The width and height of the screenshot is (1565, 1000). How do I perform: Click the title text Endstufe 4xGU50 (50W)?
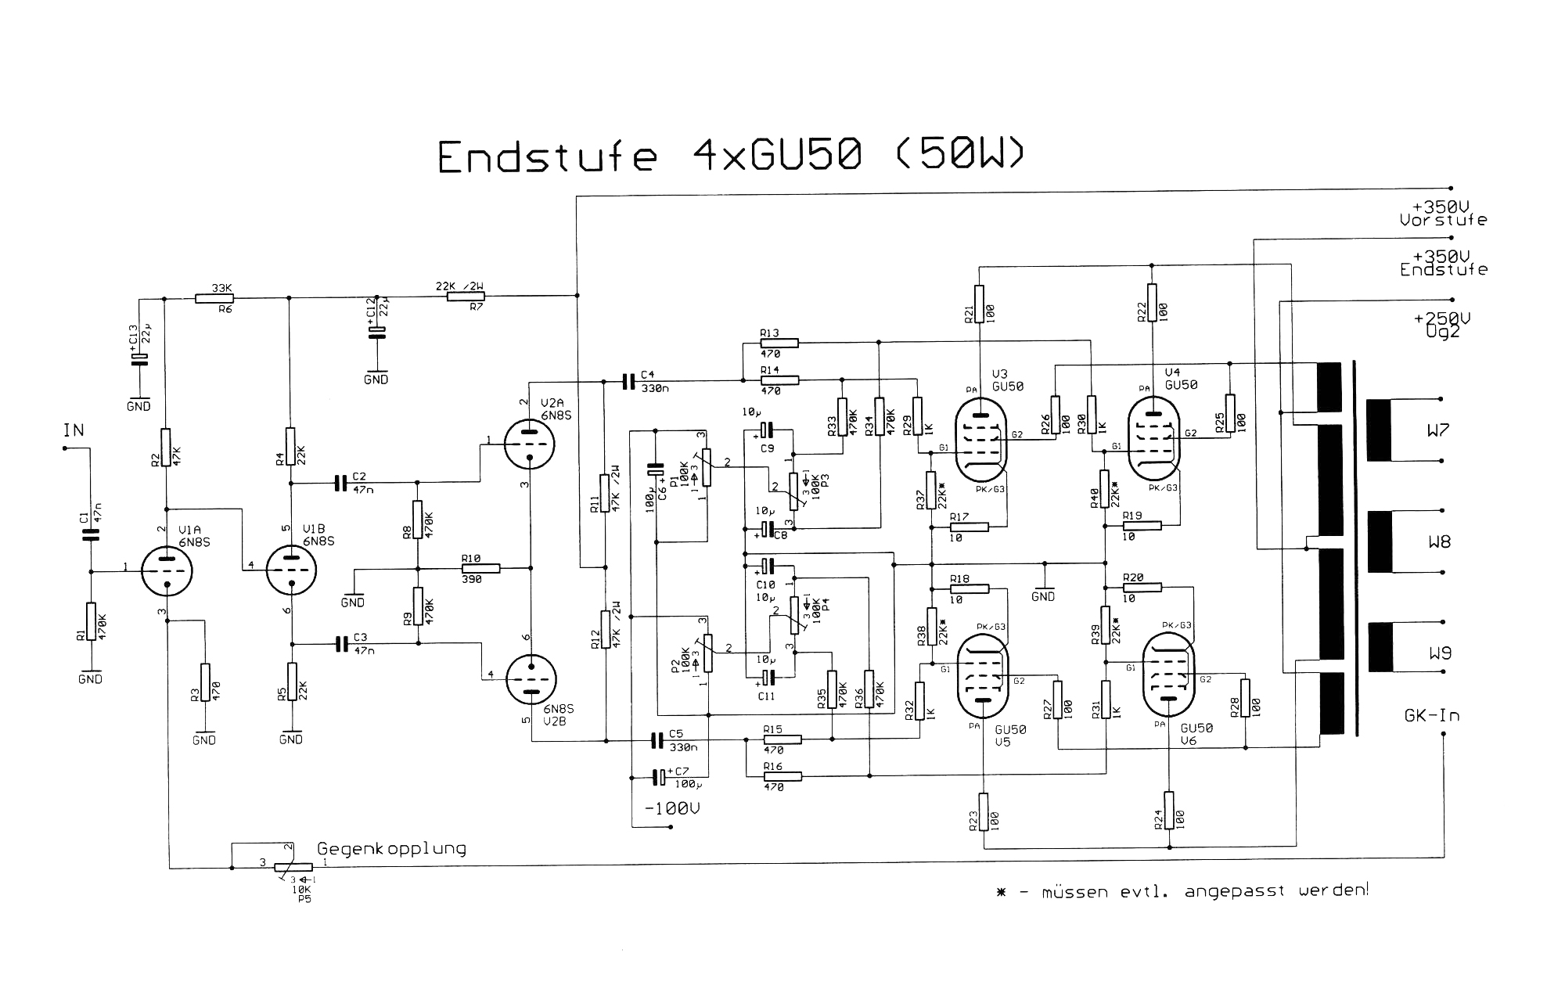tap(729, 156)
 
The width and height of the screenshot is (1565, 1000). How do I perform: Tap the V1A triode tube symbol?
tap(167, 570)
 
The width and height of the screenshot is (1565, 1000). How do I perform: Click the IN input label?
tap(74, 430)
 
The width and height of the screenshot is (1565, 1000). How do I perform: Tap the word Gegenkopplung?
tap(391, 849)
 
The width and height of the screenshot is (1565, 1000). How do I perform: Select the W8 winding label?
tap(1439, 541)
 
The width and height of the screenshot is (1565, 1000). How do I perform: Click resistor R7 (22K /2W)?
tap(466, 297)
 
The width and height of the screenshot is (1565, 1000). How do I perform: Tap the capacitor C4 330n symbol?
tap(628, 381)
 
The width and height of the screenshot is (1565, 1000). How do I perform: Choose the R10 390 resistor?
tap(479, 567)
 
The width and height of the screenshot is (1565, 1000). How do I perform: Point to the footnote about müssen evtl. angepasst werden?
tap(1182, 891)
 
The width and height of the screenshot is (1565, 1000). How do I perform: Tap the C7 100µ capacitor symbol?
tap(660, 777)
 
